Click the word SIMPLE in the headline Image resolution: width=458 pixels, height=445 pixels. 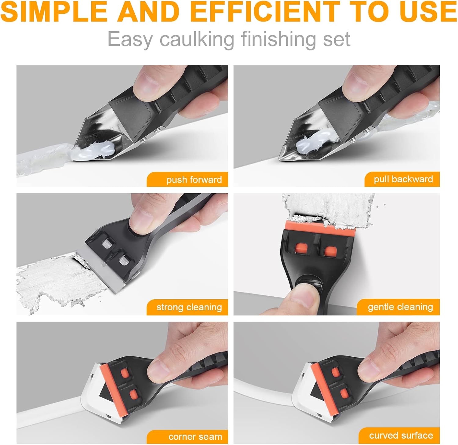(54, 12)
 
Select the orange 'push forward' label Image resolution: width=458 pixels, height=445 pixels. (187, 180)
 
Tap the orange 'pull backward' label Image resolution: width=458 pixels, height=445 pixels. (402, 179)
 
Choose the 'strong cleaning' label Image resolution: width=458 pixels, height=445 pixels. (187, 307)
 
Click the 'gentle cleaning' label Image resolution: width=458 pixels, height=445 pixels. (398, 307)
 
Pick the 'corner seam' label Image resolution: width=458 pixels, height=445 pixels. (187, 436)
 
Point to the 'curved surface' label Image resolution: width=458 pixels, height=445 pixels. (400, 436)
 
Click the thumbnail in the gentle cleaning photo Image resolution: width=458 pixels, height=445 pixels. (304, 298)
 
